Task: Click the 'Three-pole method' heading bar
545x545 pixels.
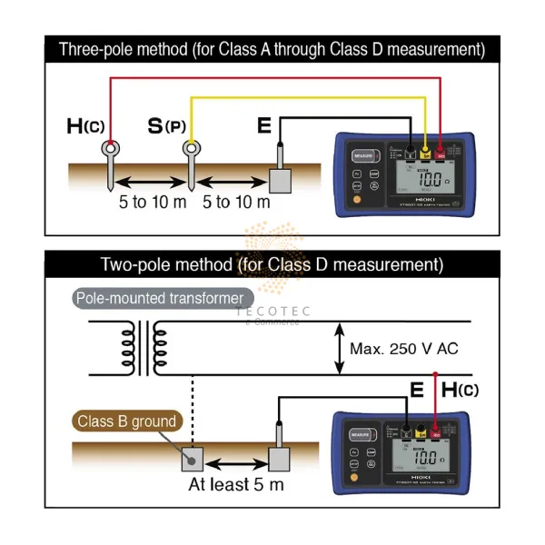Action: click(x=272, y=48)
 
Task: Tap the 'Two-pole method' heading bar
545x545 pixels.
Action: click(x=272, y=264)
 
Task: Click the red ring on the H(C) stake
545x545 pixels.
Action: click(x=111, y=148)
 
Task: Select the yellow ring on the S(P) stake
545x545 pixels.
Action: click(x=191, y=148)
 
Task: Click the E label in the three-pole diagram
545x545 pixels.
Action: click(x=264, y=124)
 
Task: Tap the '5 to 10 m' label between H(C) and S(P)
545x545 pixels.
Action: click(x=152, y=201)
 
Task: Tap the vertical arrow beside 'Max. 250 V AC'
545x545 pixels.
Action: click(x=340, y=348)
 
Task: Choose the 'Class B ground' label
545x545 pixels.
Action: click(x=127, y=421)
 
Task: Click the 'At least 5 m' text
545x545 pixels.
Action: click(x=236, y=484)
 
